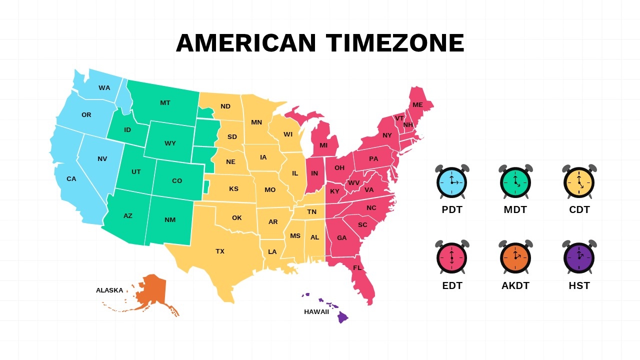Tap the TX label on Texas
220,251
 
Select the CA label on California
71,179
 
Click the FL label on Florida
357,268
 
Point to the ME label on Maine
417,105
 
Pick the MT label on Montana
165,103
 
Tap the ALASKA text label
109,290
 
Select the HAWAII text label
316,312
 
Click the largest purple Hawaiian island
342,317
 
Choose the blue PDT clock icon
452,182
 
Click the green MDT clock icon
515,182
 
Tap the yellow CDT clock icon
579,182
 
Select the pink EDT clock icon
452,257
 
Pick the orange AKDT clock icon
515,257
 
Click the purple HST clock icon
579,257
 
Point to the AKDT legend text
515,286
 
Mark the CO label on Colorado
177,181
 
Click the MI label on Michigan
323,145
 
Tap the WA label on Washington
104,88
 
